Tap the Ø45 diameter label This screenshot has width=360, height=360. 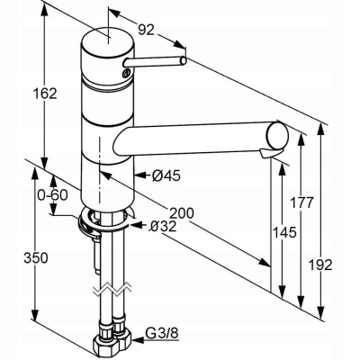[162, 175]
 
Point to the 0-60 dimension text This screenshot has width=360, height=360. [52, 194]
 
